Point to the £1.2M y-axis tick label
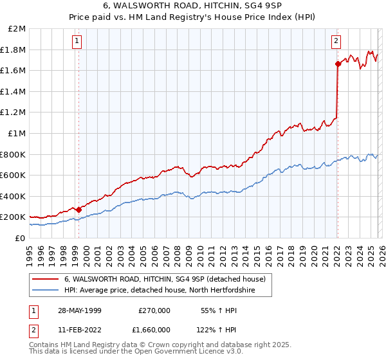pyautogui.click(x=14, y=113)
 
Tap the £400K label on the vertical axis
pyautogui.click(x=13, y=196)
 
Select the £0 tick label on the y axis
pyautogui.click(x=21, y=238)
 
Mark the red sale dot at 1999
pyautogui.click(x=79, y=210)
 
